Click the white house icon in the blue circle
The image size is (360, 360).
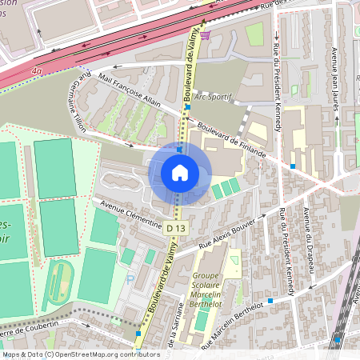click(180, 172)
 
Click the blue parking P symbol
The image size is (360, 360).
click(130, 281)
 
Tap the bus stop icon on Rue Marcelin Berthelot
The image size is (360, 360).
click(270, 301)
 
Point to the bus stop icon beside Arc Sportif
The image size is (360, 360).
click(187, 106)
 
